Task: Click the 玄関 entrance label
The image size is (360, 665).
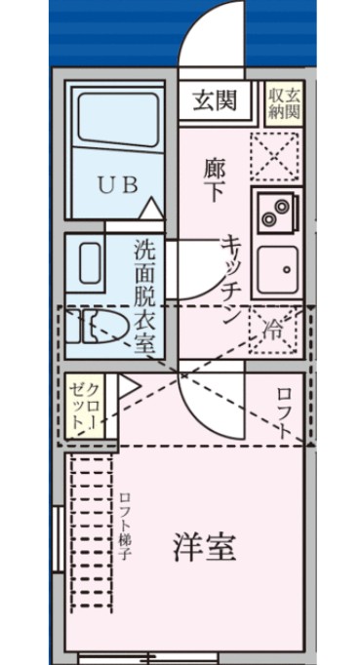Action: coord(214,98)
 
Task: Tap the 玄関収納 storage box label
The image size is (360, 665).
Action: coord(284,101)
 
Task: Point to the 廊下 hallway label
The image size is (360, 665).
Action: coord(214,178)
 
